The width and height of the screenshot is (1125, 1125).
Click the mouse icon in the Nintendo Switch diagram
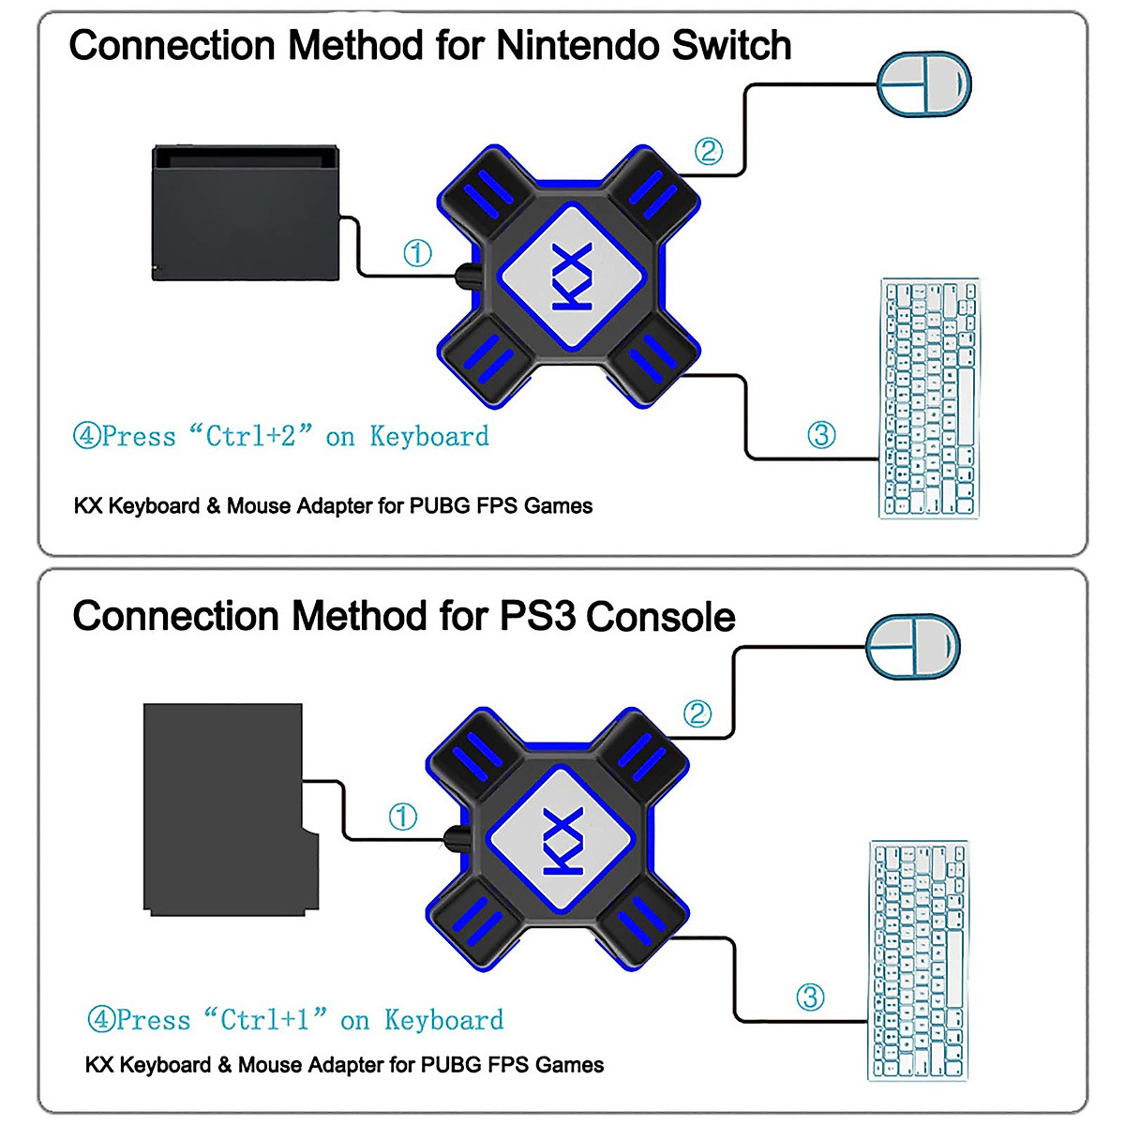tap(923, 84)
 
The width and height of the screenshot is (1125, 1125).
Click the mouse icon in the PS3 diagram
tap(913, 647)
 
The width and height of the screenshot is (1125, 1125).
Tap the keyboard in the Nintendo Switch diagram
tap(928, 398)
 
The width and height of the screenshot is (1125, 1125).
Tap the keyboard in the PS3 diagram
tap(918, 961)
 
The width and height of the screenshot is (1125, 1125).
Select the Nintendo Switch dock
tap(245, 213)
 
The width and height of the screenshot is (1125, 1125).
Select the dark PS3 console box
tap(225, 808)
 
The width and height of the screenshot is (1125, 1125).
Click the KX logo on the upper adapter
tap(572, 277)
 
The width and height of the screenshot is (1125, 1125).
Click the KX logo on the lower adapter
tap(561, 841)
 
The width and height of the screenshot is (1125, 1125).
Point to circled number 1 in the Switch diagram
tap(417, 253)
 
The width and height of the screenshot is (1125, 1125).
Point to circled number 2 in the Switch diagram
tap(708, 151)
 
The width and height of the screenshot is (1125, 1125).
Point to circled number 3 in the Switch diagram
tap(821, 435)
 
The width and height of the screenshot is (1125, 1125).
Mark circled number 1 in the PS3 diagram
tap(403, 817)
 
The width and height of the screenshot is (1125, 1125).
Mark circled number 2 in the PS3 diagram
tap(697, 714)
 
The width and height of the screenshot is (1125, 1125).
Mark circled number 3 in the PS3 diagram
tap(810, 997)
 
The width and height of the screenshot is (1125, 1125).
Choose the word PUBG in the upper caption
tap(439, 506)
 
